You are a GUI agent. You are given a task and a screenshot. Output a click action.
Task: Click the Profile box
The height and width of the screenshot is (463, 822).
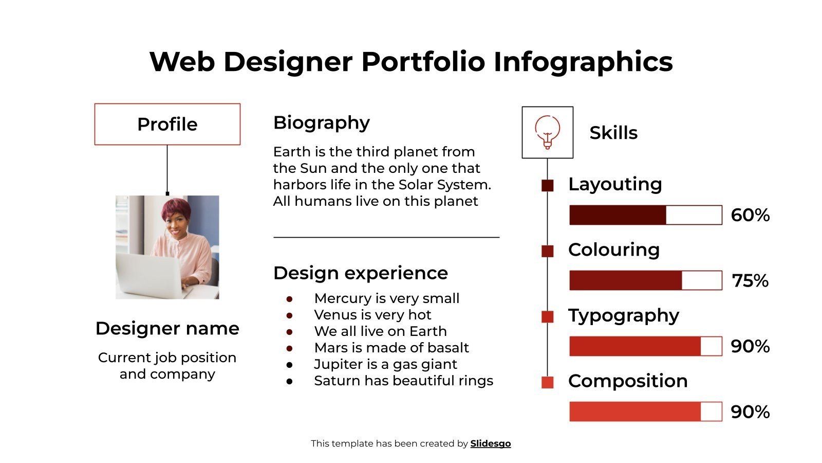coord(167,124)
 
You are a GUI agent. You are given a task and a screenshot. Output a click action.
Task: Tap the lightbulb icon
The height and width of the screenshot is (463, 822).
coord(547,132)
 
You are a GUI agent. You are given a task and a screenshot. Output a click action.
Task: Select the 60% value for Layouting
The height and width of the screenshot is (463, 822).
coord(750,215)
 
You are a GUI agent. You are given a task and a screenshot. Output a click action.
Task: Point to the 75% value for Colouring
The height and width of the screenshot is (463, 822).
coord(750,281)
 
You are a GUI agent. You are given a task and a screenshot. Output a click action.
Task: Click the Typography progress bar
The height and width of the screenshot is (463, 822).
coord(645,346)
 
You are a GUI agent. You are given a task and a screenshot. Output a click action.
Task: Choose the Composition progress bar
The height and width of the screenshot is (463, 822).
coord(645,412)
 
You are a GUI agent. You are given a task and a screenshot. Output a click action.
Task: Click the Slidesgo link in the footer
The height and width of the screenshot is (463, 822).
coord(490,443)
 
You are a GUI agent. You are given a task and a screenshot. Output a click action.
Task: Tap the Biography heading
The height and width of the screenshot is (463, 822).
coord(321,123)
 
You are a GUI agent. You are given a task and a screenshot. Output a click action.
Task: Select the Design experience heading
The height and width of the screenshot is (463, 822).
coord(360,273)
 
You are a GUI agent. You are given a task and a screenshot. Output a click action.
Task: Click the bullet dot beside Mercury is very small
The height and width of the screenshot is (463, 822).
coord(290,299)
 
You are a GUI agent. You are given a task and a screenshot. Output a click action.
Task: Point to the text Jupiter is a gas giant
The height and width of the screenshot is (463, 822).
coord(385,364)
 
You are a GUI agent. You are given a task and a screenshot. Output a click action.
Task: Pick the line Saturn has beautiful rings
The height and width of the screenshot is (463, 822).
coord(403,381)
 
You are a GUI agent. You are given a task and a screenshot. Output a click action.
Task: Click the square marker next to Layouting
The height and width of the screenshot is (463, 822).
coord(548,186)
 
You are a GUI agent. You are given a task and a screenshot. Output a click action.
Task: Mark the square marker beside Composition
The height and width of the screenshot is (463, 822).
coord(548,382)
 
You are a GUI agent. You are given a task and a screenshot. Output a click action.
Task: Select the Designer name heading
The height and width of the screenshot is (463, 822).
coord(167,328)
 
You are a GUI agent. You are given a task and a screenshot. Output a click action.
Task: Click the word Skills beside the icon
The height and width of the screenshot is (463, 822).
coord(613,133)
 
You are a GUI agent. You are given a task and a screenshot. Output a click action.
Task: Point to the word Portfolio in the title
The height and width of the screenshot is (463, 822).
coord(423,62)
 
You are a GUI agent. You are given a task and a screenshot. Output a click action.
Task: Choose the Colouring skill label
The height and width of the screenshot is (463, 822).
coord(613,250)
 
